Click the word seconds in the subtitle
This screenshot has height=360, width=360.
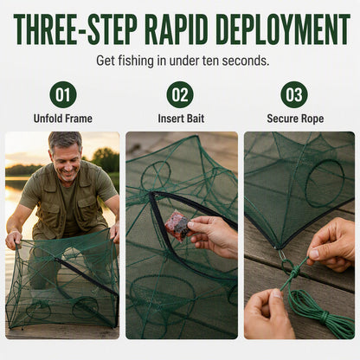coord(246,61)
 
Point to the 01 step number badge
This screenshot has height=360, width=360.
coord(63,95)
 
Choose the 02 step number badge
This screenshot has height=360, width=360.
coord(180,95)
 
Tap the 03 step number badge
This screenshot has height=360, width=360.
coord(294,95)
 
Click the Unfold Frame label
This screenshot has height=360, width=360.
coord(63,119)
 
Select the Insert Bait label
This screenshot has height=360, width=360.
coord(181,119)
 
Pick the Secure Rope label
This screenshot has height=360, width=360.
coord(295,119)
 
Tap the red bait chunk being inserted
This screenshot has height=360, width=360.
coord(177,225)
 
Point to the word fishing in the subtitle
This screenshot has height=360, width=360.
coord(136,61)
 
